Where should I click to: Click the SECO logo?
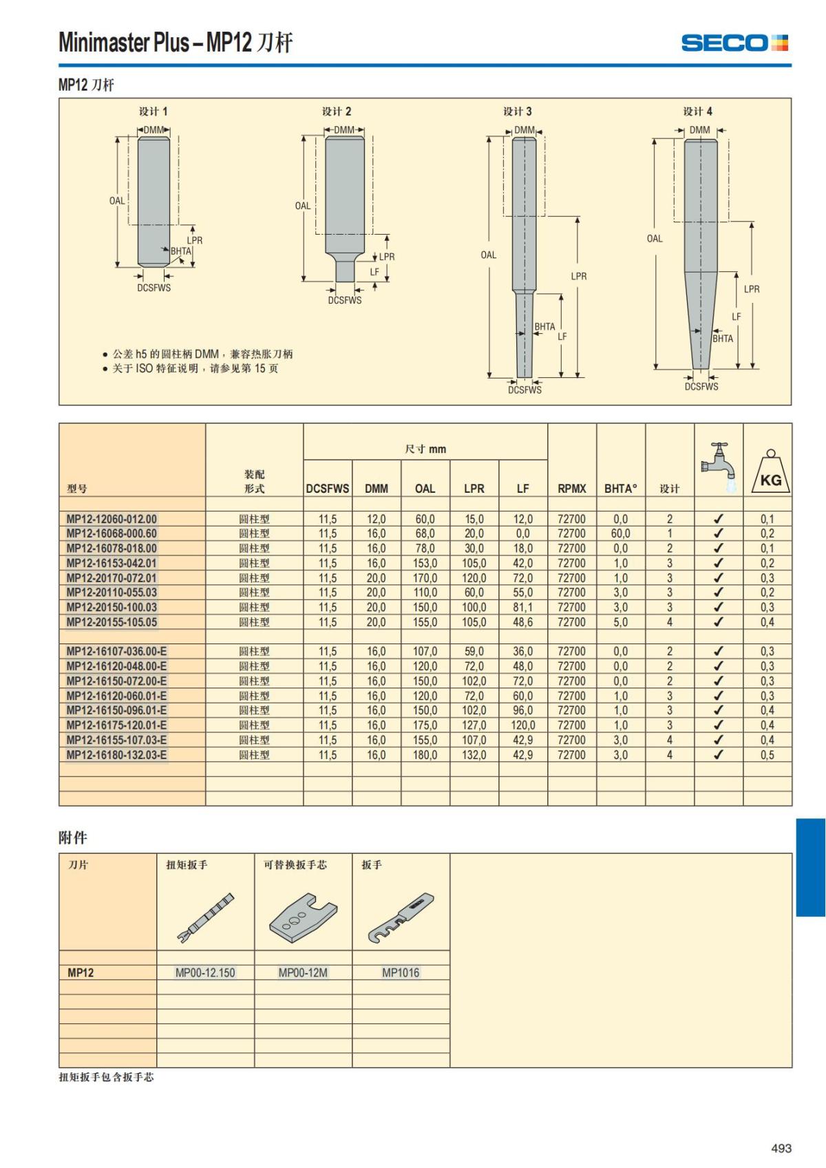coord(734,43)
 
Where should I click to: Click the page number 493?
coord(781,1147)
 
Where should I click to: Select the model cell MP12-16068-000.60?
coord(111,533)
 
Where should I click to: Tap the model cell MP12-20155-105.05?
coord(111,622)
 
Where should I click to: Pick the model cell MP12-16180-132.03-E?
coord(116,754)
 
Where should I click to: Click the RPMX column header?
coord(571,489)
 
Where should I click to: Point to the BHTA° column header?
coord(621,489)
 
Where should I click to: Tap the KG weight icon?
coord(770,471)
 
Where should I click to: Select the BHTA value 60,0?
coord(620,533)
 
